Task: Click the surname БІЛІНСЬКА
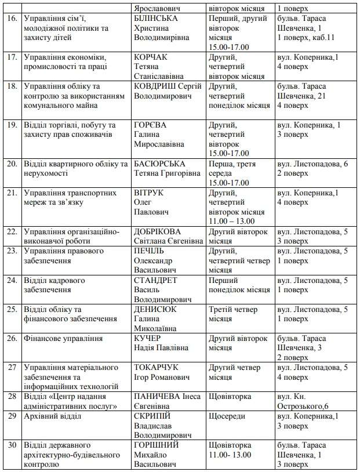coord(156,19)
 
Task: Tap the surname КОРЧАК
coord(150,57)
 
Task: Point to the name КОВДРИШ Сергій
coord(168,86)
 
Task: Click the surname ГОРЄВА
coord(150,125)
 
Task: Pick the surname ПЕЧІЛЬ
coord(149,251)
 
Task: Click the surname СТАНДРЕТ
coord(156,280)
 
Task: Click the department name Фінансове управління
coord(63,338)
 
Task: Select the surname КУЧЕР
coord(147,338)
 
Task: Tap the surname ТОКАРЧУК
coord(155,367)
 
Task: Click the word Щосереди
coord(226,416)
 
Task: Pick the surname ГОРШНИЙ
coord(157,445)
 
